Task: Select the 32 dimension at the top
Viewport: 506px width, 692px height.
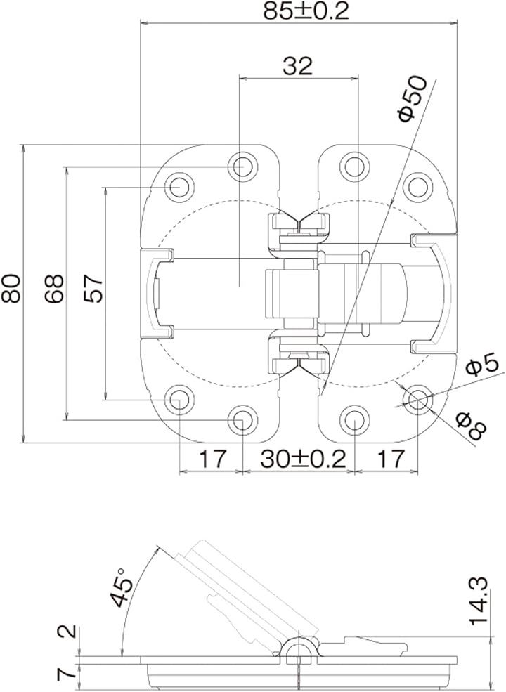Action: click(x=297, y=66)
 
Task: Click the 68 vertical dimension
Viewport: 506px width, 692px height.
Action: click(x=54, y=288)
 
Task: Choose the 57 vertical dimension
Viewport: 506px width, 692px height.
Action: click(x=93, y=288)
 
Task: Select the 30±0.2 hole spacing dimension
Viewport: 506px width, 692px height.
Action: click(x=303, y=459)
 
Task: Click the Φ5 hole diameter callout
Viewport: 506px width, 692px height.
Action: click(x=482, y=366)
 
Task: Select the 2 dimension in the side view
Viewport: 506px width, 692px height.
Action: click(x=67, y=632)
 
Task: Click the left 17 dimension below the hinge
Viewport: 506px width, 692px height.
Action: click(x=213, y=459)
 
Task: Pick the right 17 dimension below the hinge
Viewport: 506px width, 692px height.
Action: click(x=391, y=459)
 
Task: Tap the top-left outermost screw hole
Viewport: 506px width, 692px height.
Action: click(x=180, y=188)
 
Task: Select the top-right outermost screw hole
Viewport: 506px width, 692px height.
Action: click(x=418, y=188)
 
